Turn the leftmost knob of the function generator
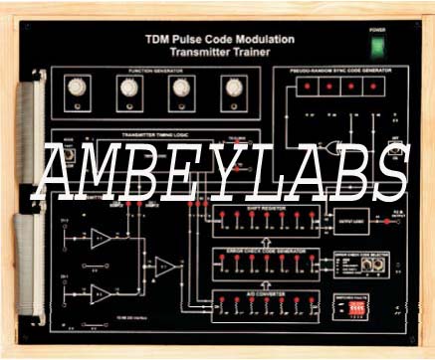coord(76,88)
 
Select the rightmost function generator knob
coord(234,88)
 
